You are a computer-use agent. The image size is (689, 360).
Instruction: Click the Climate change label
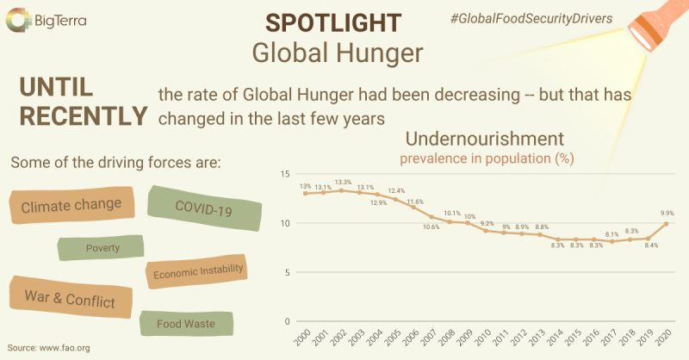click(x=71, y=207)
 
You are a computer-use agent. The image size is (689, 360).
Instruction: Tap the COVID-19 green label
click(x=203, y=207)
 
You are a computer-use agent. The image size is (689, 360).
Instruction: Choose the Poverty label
click(x=102, y=248)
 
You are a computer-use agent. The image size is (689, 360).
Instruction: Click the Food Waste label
click(x=185, y=324)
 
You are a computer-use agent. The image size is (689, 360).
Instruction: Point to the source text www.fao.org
click(x=48, y=348)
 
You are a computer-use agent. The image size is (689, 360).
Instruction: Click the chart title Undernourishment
click(x=484, y=139)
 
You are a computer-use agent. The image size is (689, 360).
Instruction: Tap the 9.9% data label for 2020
click(x=665, y=213)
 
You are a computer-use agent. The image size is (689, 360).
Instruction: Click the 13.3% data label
click(x=342, y=182)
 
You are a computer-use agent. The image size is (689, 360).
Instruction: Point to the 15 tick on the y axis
click(x=286, y=174)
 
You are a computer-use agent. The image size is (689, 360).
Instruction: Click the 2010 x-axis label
click(x=485, y=338)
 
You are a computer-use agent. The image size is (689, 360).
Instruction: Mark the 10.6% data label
click(x=431, y=227)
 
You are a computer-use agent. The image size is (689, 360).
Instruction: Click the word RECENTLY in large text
click(x=83, y=116)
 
